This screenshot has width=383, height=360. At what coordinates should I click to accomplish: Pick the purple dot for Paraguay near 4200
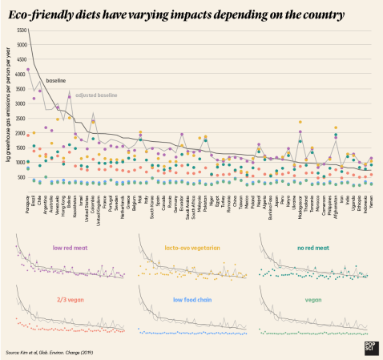click(29, 70)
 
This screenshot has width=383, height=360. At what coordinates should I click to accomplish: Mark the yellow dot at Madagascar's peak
click(300, 123)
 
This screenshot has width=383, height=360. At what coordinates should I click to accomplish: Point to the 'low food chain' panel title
click(191, 299)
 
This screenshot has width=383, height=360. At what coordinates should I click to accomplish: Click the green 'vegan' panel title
click(312, 299)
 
